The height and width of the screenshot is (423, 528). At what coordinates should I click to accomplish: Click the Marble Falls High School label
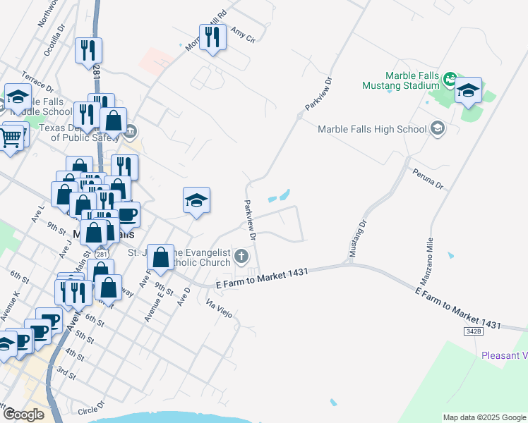[372, 129]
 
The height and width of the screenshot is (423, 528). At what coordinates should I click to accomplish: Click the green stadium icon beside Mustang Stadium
[450, 81]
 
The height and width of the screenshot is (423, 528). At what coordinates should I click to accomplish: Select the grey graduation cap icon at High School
[438, 128]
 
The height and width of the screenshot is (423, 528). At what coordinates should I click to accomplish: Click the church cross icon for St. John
[242, 255]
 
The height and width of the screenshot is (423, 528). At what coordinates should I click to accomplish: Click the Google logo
[24, 415]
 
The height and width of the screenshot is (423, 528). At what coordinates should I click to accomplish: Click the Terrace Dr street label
[37, 81]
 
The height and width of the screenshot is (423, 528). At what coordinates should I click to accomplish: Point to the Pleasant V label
[504, 355]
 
